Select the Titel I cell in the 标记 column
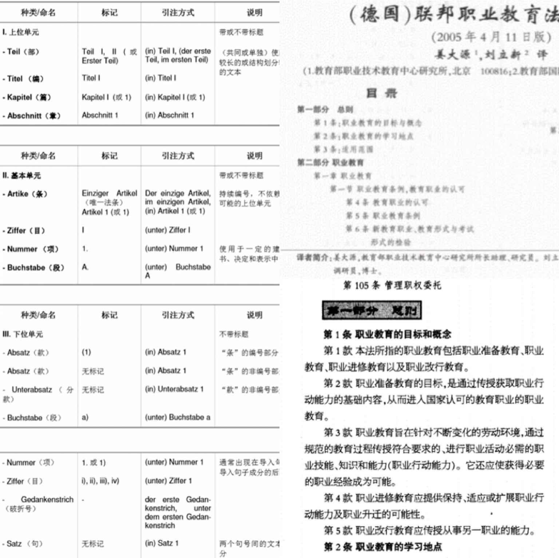pos(91,78)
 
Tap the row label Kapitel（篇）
pos(29,97)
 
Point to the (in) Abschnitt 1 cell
pos(169,115)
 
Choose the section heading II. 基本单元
pos(21,176)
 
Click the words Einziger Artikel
pos(109,193)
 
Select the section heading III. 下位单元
pos(22,334)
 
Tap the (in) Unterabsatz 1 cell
pos(174,389)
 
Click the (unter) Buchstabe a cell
pos(177,417)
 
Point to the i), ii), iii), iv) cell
pos(100,481)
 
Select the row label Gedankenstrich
pos(47,499)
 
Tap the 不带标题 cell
pos(234,334)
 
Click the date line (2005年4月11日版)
pos(491,37)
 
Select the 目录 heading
pos(381,93)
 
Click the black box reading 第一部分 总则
pos(372,310)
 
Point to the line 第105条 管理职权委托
pos(392,286)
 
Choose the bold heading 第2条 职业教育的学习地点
pos(382,547)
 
